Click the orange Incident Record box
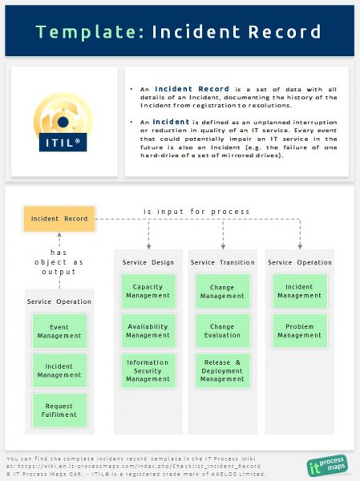click(x=59, y=219)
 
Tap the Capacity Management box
click(x=148, y=291)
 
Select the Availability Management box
click(x=148, y=330)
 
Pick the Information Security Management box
click(x=148, y=370)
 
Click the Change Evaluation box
click(x=223, y=330)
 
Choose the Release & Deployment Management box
click(x=223, y=370)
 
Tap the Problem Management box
click(x=300, y=330)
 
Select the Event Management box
click(x=59, y=331)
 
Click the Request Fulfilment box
click(x=59, y=410)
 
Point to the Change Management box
click(x=223, y=291)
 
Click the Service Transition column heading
click(x=223, y=263)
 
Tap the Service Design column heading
click(x=148, y=263)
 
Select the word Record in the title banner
click(x=285, y=31)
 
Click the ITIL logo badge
click(x=63, y=122)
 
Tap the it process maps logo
click(x=327, y=465)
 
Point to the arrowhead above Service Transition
click(x=223, y=247)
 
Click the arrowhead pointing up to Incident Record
click(x=59, y=235)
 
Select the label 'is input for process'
click(x=196, y=212)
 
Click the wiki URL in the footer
click(x=139, y=467)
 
